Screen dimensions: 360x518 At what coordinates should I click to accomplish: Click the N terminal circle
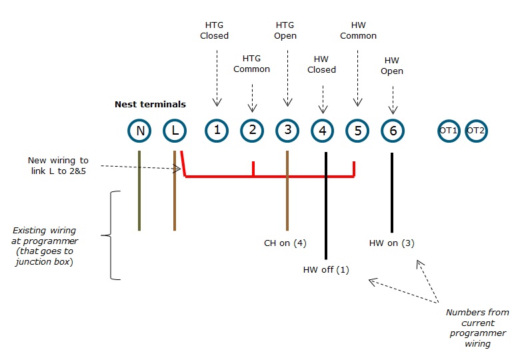click(x=140, y=131)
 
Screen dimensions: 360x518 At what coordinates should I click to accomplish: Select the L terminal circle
click(x=175, y=131)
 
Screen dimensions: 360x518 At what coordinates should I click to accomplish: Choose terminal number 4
click(x=323, y=131)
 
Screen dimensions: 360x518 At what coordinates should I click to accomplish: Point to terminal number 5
click(x=358, y=131)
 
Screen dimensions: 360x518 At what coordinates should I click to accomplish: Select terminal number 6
click(x=393, y=131)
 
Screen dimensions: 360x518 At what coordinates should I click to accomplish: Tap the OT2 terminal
click(x=475, y=131)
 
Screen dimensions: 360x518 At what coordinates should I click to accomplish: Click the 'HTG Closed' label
click(x=214, y=30)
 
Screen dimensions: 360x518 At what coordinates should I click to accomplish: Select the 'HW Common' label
click(x=358, y=30)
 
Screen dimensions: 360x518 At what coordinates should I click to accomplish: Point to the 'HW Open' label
click(x=392, y=65)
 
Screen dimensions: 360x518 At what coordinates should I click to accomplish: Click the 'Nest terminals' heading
click(x=150, y=104)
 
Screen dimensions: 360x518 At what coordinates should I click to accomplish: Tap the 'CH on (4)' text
click(x=285, y=243)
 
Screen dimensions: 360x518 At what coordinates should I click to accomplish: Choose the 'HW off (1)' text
click(x=326, y=269)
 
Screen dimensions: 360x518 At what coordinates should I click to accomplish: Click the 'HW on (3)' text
click(x=391, y=243)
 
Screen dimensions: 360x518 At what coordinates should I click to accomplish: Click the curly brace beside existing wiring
click(x=113, y=235)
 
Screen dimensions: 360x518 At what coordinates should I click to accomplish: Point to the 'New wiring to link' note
click(x=58, y=165)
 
